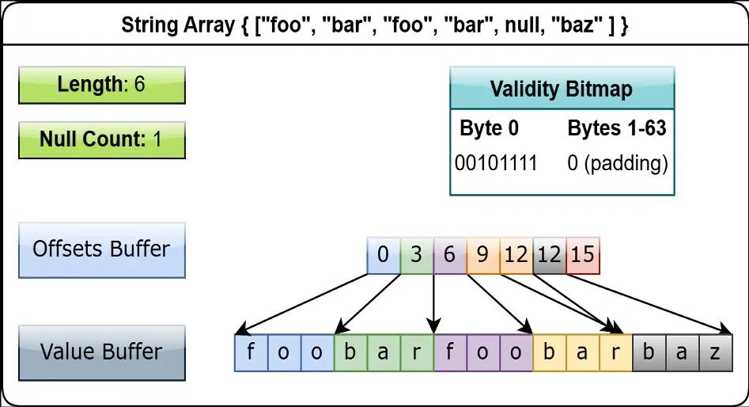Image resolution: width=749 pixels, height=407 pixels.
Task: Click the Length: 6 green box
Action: click(102, 86)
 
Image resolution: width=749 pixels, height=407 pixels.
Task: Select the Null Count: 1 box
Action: click(102, 140)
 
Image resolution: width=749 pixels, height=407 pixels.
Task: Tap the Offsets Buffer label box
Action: click(102, 250)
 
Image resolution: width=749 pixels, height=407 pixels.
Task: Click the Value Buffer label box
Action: click(102, 353)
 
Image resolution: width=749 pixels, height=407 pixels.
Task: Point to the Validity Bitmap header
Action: click(562, 88)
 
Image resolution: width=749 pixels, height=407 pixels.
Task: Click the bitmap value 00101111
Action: click(496, 163)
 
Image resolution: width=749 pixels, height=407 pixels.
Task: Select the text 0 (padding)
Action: click(617, 164)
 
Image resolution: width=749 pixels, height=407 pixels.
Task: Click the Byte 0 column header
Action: click(489, 128)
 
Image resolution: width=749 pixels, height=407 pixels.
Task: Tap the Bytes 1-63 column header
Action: click(617, 128)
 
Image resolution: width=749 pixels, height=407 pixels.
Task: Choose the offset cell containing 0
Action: click(384, 256)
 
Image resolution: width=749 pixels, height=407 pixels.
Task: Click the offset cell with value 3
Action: click(417, 256)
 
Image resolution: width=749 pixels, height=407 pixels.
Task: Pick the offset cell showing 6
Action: click(449, 256)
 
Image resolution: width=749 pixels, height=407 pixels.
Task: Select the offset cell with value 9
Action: click(483, 256)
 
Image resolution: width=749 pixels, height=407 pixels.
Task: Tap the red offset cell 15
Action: click(583, 256)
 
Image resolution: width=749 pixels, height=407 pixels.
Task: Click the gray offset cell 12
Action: click(550, 256)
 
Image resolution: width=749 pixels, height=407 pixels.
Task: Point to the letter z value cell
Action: click(716, 353)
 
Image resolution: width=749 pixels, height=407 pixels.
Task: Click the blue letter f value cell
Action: click(252, 353)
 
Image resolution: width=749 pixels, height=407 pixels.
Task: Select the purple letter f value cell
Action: click(451, 353)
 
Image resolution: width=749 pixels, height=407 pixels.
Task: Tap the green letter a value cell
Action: click(384, 353)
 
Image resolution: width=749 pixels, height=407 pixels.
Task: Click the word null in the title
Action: click(523, 25)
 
